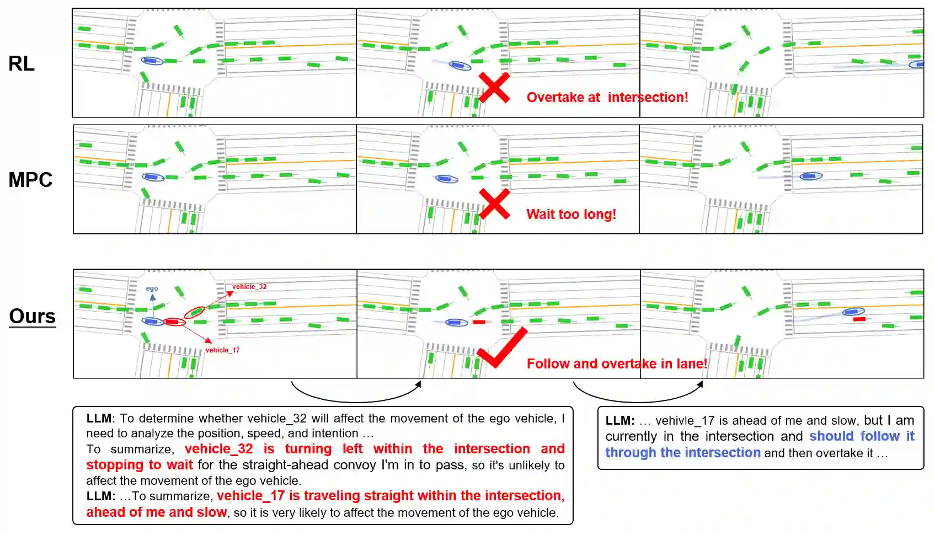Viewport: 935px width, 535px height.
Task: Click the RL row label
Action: point(22,64)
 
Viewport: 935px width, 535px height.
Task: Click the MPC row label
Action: point(30,180)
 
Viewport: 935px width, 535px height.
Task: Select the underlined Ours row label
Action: point(33,317)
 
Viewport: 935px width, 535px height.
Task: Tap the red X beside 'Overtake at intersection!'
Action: point(494,87)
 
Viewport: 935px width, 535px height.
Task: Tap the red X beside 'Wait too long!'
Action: point(494,204)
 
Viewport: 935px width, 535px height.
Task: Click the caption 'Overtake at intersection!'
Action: point(607,98)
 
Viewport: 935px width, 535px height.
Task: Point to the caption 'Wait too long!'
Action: point(571,215)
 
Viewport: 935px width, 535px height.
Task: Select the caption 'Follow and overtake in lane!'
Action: point(616,364)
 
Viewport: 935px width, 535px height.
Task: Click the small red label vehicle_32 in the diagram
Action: point(249,287)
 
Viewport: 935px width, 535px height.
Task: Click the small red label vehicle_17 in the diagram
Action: point(222,350)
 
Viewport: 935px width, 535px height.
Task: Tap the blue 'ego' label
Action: point(152,288)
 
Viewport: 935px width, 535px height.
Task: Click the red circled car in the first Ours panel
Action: point(174,322)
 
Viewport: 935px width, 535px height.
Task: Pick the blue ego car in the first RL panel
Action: point(152,61)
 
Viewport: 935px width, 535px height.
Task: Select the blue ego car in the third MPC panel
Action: point(811,176)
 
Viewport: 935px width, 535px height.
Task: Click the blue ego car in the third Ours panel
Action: point(853,312)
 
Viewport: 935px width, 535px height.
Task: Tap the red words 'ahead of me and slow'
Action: point(156,512)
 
